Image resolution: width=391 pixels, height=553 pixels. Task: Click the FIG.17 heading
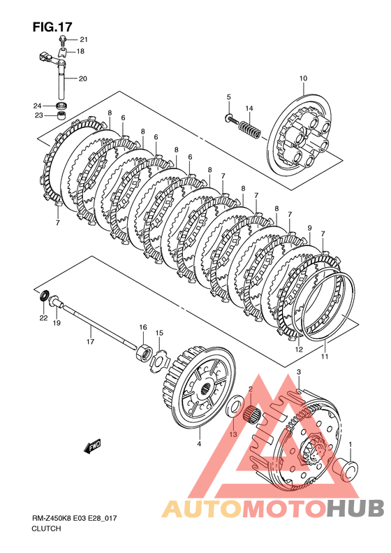(52, 27)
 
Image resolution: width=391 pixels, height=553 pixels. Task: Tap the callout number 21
(84, 39)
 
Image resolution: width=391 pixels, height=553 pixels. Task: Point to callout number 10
(303, 78)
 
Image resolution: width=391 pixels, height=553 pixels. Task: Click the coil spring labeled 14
(250, 129)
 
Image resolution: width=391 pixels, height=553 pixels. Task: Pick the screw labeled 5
(231, 119)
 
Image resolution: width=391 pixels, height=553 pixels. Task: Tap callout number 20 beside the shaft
(83, 78)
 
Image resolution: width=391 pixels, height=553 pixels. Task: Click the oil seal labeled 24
(62, 105)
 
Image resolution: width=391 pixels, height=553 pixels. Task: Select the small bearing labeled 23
(62, 115)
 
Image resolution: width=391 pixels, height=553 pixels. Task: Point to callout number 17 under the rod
(91, 341)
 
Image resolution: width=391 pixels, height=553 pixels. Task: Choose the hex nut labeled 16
(144, 352)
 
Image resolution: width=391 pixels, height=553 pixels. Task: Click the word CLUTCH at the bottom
(46, 529)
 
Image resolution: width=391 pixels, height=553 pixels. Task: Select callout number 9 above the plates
(309, 228)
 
